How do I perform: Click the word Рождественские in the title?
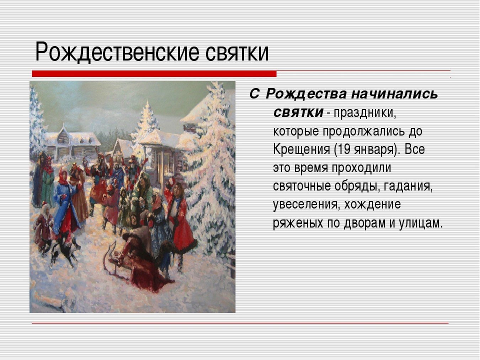click(117, 52)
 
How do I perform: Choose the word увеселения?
click(306, 205)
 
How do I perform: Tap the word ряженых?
click(298, 223)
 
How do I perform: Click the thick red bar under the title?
click(154, 74)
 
